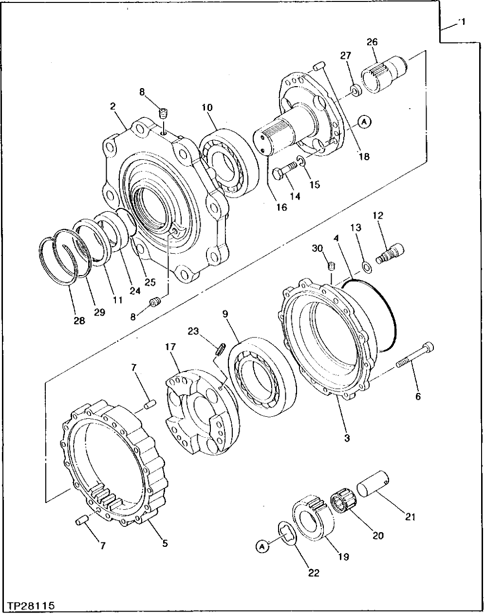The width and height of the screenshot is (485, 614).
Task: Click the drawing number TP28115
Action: tap(30, 606)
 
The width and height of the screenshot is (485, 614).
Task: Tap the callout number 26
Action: tap(372, 42)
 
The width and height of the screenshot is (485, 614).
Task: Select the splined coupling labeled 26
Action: tap(384, 73)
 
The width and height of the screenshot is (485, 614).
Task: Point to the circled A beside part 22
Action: tap(261, 547)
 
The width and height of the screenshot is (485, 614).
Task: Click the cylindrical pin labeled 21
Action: tap(374, 489)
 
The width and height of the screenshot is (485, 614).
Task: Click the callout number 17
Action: tap(171, 348)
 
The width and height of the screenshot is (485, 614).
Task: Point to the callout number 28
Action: tap(78, 321)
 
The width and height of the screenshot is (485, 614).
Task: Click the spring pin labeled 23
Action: tap(220, 348)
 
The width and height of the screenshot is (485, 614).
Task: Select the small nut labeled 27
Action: tap(356, 89)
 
